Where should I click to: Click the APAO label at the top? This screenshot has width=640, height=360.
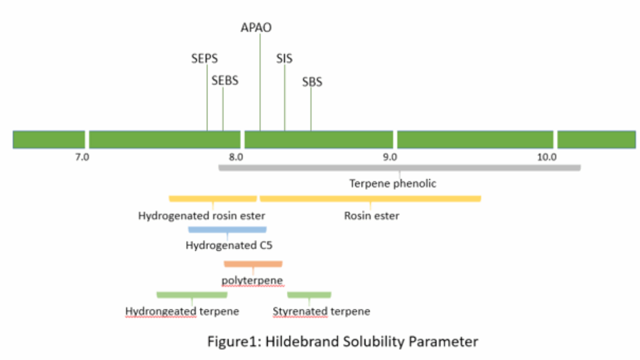point(256,27)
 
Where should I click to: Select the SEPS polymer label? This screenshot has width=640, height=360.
point(205,59)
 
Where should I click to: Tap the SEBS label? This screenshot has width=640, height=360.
point(225,81)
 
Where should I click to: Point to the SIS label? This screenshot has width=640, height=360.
point(284,59)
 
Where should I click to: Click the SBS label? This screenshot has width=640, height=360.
point(312,83)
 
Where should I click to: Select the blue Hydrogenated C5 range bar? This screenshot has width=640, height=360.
point(227,230)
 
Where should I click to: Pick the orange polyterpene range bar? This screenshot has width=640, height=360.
point(253,263)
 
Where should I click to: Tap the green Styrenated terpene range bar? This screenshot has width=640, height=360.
point(309,294)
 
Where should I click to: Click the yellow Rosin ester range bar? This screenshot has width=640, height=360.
point(370,199)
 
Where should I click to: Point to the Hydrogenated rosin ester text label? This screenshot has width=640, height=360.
point(202,216)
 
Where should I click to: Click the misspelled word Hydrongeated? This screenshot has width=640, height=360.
point(161,311)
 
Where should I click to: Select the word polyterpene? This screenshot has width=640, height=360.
point(252,279)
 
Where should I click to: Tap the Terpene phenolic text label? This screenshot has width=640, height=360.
point(393,184)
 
